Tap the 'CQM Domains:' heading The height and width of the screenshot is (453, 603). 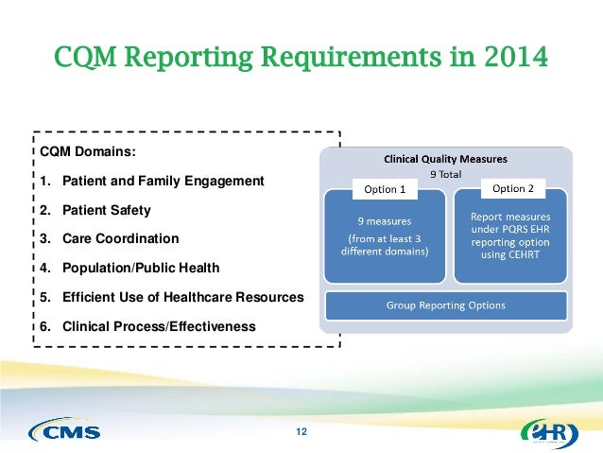[88, 151]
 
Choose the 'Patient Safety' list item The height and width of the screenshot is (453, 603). [106, 210]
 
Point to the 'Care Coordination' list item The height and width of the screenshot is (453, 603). [119, 238]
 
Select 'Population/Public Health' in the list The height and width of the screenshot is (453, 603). [141, 268]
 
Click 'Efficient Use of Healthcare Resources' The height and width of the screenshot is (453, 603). [182, 297]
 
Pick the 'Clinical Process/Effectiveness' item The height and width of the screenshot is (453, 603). [158, 326]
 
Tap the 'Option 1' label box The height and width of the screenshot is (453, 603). [385, 189]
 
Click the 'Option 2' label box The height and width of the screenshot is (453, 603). [513, 188]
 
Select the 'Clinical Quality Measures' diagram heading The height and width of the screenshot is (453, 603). [444, 158]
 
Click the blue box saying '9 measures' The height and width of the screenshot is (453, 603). [385, 237]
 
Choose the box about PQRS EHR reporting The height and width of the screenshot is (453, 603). [511, 237]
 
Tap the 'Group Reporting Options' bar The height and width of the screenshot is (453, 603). [445, 305]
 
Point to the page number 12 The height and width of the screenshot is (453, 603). [301, 432]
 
